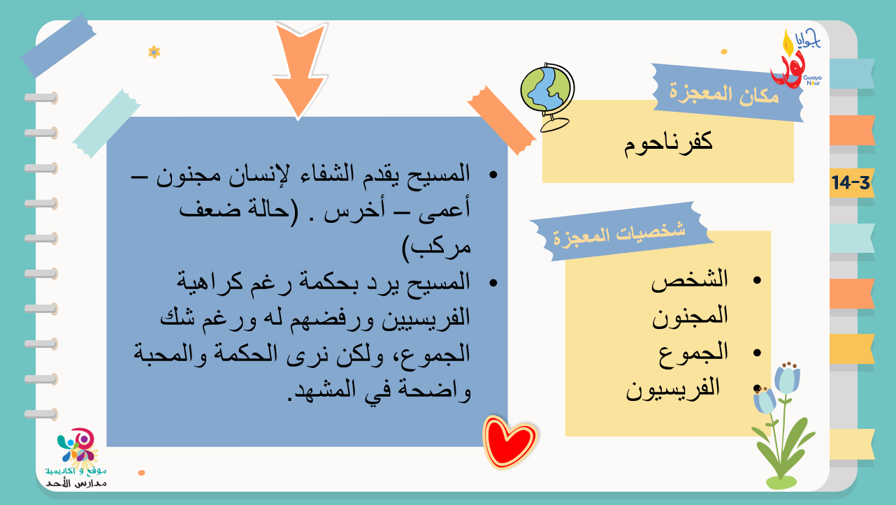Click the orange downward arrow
point(299,70)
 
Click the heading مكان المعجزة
point(724,95)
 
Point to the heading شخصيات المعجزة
point(619,234)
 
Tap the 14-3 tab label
point(851,182)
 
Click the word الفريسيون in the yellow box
point(673,388)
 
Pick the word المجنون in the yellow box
point(690,316)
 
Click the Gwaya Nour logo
point(796,59)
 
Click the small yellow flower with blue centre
point(154,52)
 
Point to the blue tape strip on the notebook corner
point(59,45)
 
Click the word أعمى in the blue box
point(444,210)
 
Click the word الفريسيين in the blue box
point(426,319)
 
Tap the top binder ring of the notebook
point(41,98)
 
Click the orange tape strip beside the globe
point(502,120)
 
